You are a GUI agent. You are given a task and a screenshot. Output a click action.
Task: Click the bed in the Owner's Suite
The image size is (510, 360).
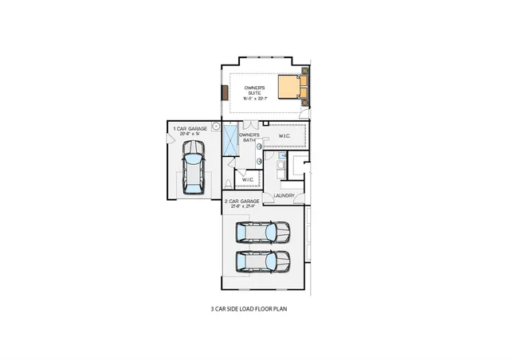289,88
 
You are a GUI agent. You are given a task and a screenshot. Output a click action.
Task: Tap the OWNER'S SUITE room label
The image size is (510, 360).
253,90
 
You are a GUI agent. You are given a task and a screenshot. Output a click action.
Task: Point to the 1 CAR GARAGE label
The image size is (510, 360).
189,127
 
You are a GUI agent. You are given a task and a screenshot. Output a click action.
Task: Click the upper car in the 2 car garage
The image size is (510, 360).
263,233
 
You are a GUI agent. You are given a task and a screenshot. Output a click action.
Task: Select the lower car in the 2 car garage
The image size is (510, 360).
263,260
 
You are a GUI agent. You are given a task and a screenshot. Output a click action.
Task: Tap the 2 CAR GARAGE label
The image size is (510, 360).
242,202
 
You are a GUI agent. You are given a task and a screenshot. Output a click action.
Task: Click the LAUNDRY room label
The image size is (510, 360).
284,195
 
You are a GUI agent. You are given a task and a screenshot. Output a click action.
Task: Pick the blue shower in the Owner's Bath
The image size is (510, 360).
230,141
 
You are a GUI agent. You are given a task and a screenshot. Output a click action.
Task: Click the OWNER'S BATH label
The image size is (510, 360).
250,139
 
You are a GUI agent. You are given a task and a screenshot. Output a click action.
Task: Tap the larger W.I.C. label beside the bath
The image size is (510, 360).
284,136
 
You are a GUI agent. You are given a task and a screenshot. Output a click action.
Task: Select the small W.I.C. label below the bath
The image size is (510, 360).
248,179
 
